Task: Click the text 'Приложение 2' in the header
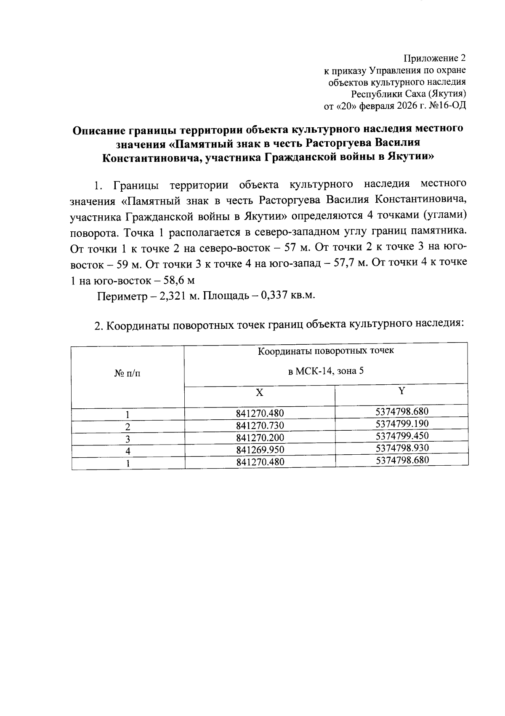point(435,58)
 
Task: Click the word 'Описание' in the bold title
point(98,129)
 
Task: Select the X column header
point(260,393)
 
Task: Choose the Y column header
point(402,391)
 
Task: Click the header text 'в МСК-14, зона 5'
point(326,371)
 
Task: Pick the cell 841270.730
point(260,425)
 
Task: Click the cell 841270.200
point(260,438)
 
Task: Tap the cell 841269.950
point(260,450)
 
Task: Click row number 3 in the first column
point(128,439)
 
